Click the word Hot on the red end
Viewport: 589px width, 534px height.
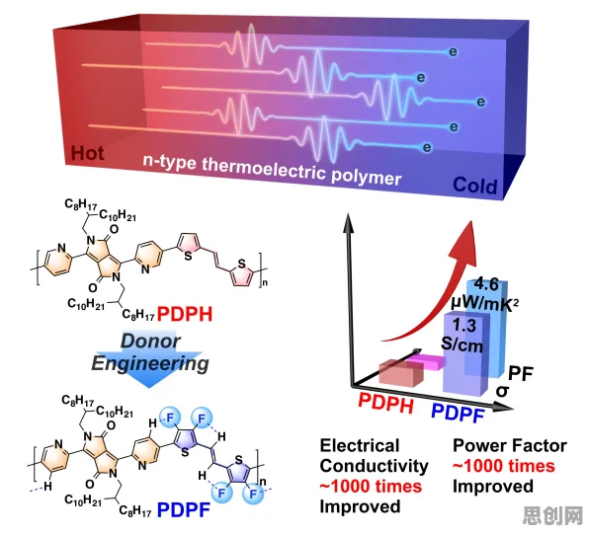87,153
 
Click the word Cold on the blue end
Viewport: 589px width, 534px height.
474,186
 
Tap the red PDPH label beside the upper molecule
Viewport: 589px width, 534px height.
185,314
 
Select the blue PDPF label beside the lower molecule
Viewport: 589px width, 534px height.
184,509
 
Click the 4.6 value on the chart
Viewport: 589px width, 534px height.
486,284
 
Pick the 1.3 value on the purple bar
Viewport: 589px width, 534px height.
464,325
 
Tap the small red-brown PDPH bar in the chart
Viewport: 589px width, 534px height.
401,372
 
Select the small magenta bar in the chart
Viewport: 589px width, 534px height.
426,361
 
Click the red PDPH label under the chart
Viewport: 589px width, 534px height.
385,404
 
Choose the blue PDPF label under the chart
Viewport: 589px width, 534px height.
458,414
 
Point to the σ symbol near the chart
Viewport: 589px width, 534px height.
502,391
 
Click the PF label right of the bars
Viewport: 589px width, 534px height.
521,374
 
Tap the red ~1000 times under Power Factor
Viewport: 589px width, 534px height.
503,466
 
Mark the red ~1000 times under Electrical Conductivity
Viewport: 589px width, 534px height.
371,487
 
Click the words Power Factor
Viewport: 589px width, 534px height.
510,445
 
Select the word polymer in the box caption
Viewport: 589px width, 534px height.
366,176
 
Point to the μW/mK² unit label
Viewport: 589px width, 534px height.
484,304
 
